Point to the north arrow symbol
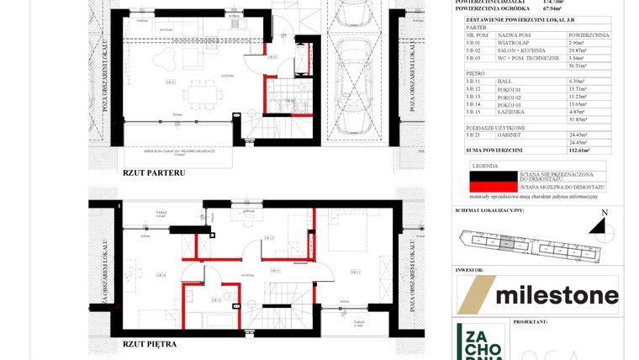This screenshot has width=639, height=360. coord(599,225)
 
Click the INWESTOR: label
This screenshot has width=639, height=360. coord(470,270)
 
